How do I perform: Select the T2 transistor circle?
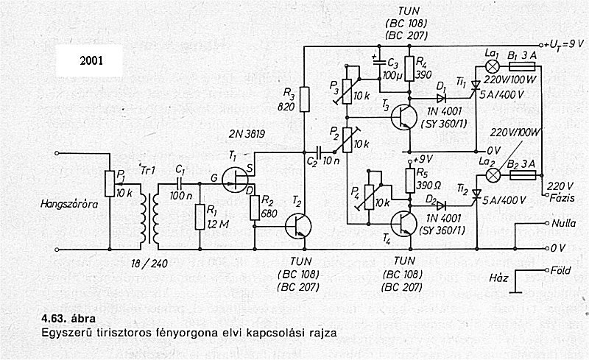click(298, 226)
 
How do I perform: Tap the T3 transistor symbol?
click(403, 117)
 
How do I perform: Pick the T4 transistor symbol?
click(403, 224)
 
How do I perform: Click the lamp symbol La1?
click(492, 66)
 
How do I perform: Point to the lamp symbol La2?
click(493, 174)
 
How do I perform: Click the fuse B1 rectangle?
click(522, 66)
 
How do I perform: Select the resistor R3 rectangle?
click(305, 99)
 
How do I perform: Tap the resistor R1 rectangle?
click(200, 217)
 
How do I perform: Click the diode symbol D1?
click(441, 99)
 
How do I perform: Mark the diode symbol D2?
click(441, 205)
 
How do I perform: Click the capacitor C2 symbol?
click(320, 152)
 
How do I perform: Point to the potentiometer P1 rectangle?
click(110, 183)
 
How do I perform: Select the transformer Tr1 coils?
click(149, 216)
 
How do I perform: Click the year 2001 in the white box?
click(91, 60)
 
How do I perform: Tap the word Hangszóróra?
click(69, 205)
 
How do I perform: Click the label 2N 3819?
click(247, 134)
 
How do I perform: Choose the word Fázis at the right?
click(562, 197)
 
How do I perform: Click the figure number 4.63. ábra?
click(68, 319)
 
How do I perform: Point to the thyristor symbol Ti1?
click(476, 87)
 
